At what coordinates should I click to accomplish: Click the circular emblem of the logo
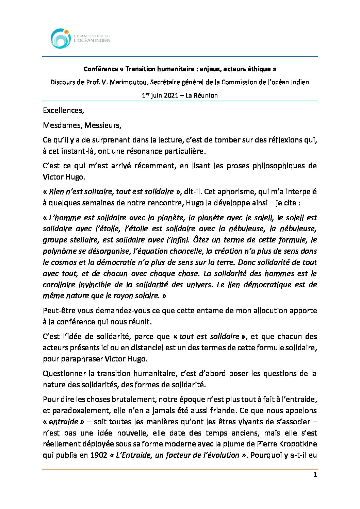click(x=61, y=38)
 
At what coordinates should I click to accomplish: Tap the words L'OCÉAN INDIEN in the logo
click(x=92, y=40)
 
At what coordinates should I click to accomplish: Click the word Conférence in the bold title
click(x=101, y=69)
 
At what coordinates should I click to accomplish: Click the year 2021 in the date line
click(x=171, y=96)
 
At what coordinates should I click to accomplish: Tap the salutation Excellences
click(x=63, y=111)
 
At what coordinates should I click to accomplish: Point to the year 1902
click(x=99, y=455)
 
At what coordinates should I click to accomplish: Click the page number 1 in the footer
click(x=315, y=475)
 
